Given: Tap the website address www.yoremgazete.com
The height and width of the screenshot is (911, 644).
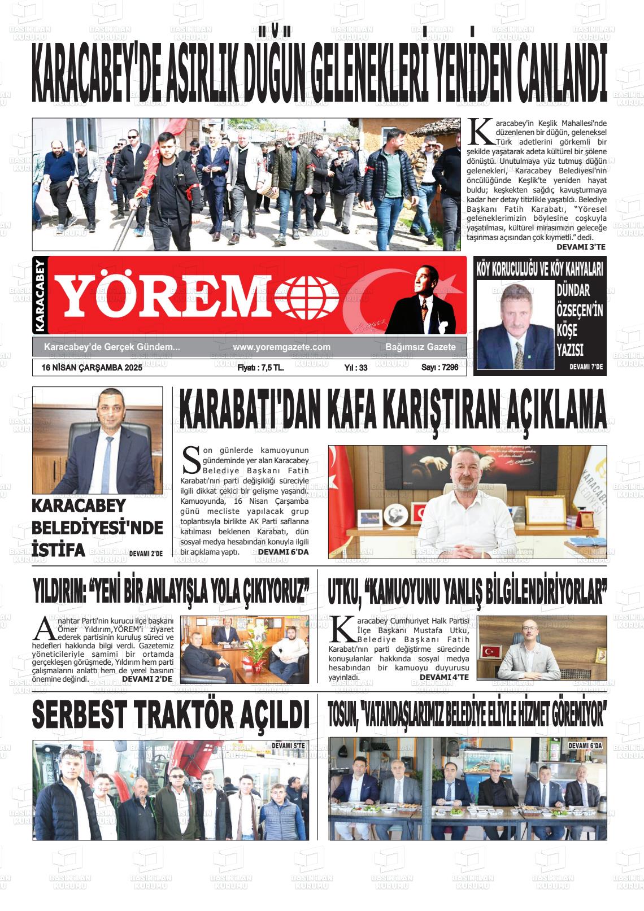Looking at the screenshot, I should click(281, 347).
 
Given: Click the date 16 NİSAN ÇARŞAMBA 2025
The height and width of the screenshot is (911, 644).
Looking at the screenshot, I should click(92, 368).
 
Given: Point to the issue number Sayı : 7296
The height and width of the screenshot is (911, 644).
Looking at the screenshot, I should click(440, 368).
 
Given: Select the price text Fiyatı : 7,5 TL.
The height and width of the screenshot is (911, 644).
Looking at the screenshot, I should click(260, 368).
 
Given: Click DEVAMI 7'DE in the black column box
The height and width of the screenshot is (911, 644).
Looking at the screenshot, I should click(586, 367).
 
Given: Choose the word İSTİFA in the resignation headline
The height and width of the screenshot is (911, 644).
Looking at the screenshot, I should click(59, 550).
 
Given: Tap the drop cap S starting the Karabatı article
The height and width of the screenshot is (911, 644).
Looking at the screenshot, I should click(191, 459).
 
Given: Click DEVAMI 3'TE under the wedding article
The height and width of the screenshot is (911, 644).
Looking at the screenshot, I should click(581, 247).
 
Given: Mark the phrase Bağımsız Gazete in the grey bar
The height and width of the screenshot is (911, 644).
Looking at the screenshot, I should click(420, 347).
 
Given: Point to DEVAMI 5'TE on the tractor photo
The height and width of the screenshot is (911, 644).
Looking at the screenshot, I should click(288, 746).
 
